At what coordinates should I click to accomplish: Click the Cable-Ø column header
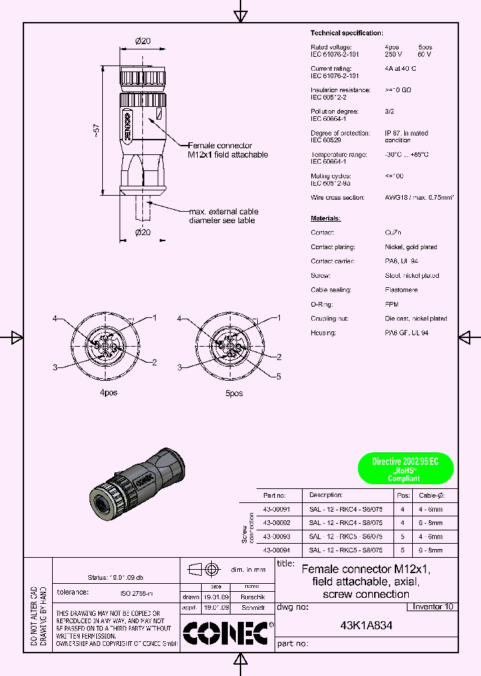click(x=431, y=495)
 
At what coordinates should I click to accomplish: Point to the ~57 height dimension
click(x=97, y=132)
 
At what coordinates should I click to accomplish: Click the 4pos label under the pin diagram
click(x=108, y=393)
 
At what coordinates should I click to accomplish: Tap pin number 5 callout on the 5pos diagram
click(x=279, y=376)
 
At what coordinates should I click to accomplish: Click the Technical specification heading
click(x=347, y=33)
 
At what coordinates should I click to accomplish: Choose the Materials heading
click(x=325, y=218)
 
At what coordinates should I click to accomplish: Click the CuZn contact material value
click(x=393, y=232)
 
